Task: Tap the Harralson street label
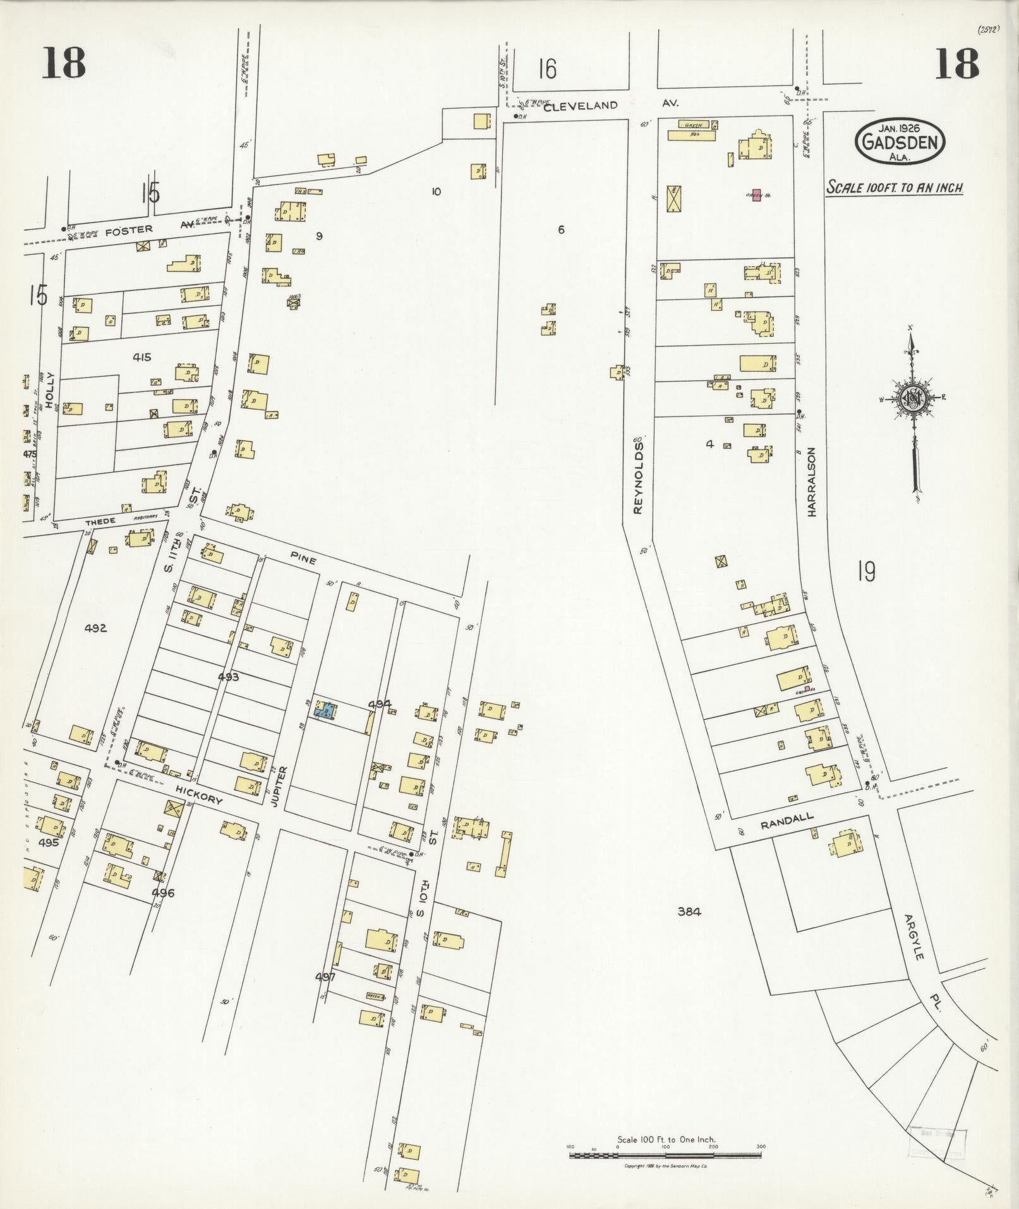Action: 812,482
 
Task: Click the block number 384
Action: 689,911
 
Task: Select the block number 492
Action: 95,628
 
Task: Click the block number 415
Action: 142,357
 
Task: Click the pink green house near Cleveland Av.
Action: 756,195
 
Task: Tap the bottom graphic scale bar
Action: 665,1155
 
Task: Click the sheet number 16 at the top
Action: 548,69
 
